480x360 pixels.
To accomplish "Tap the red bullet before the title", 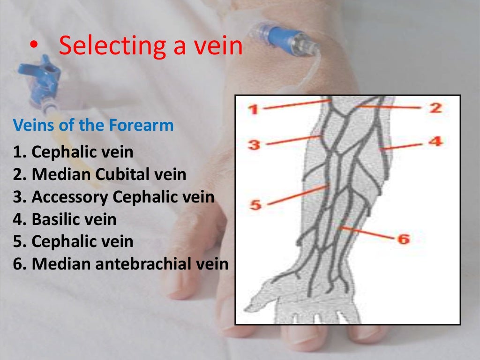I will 32,46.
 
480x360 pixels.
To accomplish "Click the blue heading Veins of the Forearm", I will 93,125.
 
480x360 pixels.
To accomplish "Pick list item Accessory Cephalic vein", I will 113,197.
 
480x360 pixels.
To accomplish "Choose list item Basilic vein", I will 65,219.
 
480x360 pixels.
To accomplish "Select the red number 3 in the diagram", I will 254,145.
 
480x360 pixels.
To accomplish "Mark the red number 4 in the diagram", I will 435,141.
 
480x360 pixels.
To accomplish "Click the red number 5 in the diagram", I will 255,205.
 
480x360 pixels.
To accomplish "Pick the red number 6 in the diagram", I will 403,239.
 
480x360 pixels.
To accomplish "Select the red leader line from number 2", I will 389,107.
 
